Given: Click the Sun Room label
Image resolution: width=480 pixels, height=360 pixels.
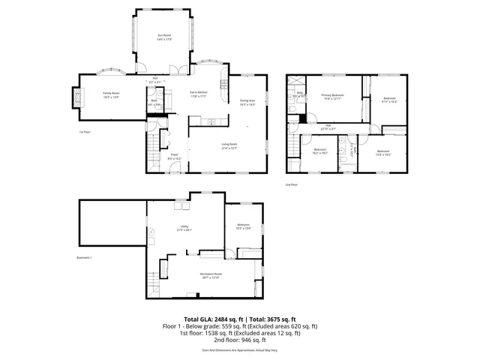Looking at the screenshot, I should coord(164,35).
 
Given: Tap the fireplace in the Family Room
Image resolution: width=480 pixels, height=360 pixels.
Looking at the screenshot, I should coord(75,95).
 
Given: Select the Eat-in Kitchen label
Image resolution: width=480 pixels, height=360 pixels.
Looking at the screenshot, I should coord(198,94).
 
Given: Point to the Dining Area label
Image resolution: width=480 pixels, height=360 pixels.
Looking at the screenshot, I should coord(247,102).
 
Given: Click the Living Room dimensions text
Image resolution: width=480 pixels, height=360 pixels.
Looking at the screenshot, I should coord(229,148).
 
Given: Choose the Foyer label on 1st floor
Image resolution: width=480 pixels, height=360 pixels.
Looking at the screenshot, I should coord(174,157).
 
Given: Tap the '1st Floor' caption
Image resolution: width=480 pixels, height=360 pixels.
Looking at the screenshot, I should coord(85,131).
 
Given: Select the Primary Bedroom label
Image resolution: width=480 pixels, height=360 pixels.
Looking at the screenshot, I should coord(333,96).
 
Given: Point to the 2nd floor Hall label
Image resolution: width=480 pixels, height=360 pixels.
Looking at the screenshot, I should coord(328,126).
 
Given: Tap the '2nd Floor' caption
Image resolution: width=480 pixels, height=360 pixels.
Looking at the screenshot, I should coord(291,183).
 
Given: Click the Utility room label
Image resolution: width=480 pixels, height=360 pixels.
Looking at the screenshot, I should coord(180,229).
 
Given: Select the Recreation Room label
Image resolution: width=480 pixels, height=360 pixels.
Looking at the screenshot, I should coord(209,275).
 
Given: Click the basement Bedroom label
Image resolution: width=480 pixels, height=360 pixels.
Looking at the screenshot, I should coord(243,225).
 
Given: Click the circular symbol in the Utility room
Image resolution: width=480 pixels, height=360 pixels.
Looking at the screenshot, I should coord(151,232).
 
